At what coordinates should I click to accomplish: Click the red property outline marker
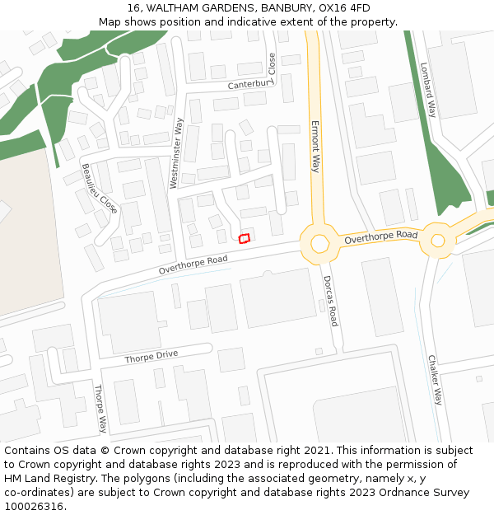[244, 239]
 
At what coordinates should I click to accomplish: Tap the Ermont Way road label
[315, 147]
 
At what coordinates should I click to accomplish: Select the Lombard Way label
[428, 90]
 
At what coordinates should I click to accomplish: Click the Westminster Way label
[176, 153]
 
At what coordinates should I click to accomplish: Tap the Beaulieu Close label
[99, 189]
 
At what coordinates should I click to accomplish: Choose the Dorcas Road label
[330, 301]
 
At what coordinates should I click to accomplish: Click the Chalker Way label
[435, 380]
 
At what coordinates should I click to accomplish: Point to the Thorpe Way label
[100, 409]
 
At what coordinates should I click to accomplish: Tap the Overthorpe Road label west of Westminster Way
[193, 265]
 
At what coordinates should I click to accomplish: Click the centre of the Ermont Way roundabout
[319, 243]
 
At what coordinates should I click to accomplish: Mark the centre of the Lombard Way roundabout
[438, 241]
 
